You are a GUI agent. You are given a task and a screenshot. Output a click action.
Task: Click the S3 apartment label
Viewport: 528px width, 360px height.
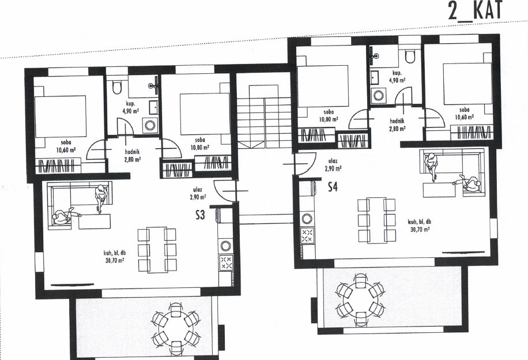tap(200, 215)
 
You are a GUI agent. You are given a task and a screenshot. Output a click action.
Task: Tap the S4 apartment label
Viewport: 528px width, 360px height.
tap(333, 186)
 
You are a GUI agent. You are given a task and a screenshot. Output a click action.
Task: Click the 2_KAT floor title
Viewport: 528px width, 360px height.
tap(475, 10)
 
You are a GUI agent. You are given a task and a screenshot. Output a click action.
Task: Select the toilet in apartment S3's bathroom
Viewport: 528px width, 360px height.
tap(117, 87)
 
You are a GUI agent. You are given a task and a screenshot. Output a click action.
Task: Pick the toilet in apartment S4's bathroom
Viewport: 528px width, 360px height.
tap(410, 57)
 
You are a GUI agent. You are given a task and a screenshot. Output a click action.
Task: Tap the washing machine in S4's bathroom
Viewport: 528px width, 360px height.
tap(379, 95)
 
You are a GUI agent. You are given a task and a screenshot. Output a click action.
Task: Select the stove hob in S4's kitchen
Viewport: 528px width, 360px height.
tap(307, 235)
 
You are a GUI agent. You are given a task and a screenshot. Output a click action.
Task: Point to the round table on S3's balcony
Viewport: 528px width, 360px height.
tap(175, 328)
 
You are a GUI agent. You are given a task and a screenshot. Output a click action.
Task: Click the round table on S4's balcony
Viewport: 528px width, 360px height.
tap(360, 295)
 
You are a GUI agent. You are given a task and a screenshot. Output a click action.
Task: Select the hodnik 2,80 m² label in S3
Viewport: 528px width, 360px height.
tap(133, 156)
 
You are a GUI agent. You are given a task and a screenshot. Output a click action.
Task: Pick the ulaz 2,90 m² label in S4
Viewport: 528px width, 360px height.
tap(333, 165)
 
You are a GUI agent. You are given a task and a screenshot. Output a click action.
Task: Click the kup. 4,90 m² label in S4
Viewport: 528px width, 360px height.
tap(397, 77)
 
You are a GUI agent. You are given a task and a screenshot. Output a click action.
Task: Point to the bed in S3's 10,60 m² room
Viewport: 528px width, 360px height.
tap(61, 117)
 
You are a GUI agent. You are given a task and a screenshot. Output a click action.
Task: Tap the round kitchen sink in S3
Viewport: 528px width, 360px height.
tap(225, 245)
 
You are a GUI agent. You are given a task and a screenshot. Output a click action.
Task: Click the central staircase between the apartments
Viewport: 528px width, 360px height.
tap(265, 117)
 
